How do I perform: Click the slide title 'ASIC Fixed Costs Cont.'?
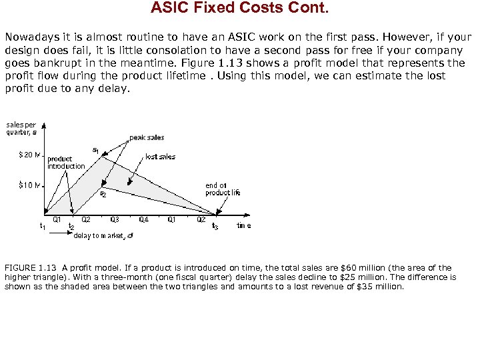coord(239,8)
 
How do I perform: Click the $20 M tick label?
coord(30,156)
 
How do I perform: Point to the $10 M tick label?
coord(30,185)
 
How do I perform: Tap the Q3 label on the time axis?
coord(115,219)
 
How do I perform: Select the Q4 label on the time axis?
coord(143,219)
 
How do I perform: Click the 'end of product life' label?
coord(222,189)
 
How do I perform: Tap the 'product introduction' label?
coord(66,163)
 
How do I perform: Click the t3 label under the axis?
coord(215,227)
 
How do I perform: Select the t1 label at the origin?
coord(43,226)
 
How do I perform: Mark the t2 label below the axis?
coord(71,227)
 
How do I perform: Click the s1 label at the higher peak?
coord(95,151)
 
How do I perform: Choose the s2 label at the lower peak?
coord(103,195)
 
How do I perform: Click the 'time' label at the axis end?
coord(244,226)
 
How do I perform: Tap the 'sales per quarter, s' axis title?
coord(21,127)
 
